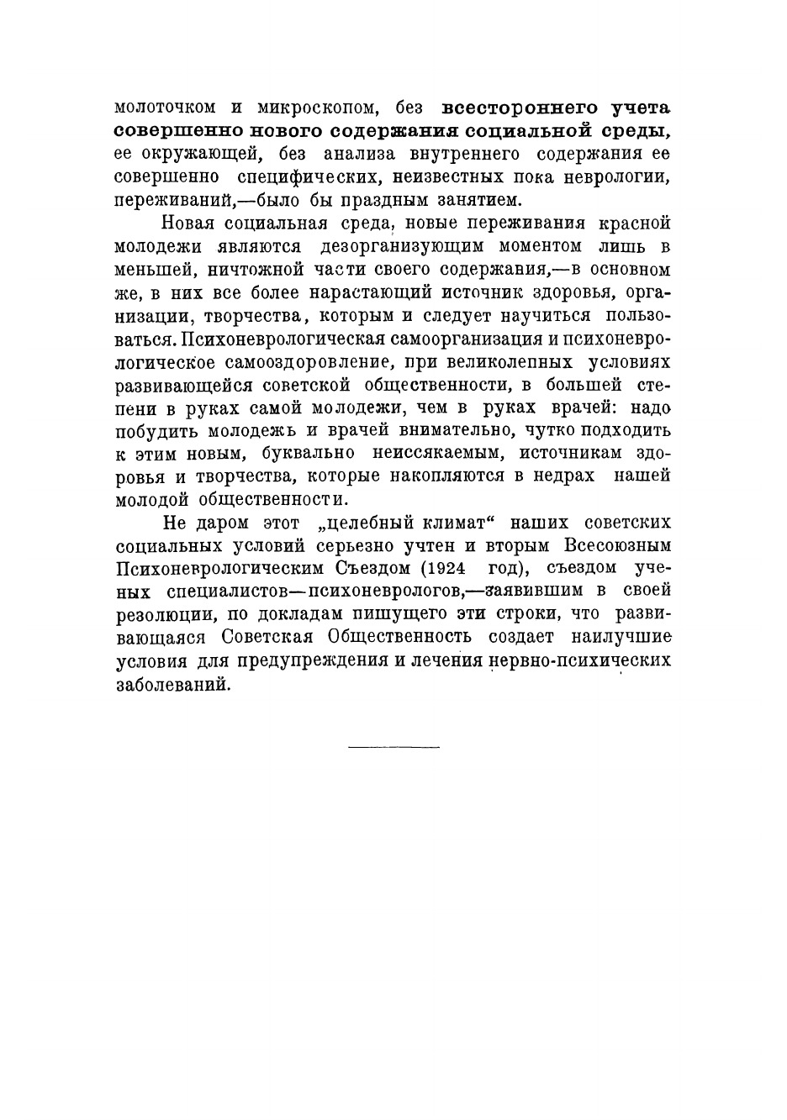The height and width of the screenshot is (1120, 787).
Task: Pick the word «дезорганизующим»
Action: tap(400, 247)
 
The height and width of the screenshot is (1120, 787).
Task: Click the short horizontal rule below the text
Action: tap(393, 746)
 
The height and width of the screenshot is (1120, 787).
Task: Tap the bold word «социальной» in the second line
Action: tap(523, 130)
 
